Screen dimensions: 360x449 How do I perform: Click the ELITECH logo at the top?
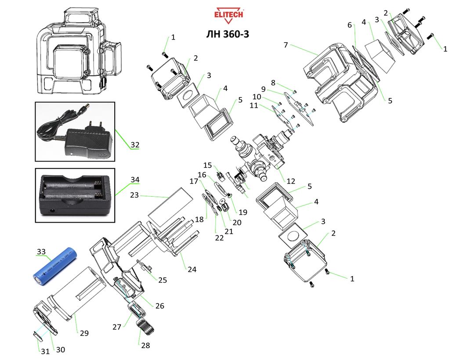[x=228, y=15]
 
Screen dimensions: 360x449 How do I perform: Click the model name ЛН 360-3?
[x=227, y=34]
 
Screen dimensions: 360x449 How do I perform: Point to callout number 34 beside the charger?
[x=134, y=180]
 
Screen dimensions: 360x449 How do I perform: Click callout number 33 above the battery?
[x=41, y=252]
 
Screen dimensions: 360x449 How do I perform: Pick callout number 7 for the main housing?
[x=286, y=45]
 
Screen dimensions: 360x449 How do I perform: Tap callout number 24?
[x=192, y=270]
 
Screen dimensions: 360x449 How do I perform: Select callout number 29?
[x=84, y=333]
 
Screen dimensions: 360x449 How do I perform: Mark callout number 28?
[x=145, y=346]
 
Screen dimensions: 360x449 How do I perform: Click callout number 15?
[x=207, y=165]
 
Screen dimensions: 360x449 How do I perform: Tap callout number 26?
[x=159, y=306]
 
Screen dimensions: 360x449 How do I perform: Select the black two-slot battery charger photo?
[x=75, y=196]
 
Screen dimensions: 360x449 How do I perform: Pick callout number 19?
[x=243, y=212]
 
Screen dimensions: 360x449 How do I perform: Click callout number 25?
[x=163, y=280]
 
